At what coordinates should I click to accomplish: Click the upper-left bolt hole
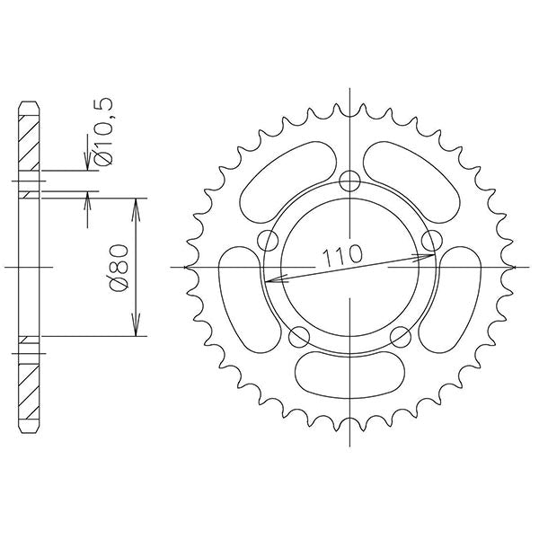point(266,240)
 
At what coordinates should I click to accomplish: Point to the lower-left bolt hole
point(300,338)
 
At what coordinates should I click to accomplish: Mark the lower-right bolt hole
point(402,338)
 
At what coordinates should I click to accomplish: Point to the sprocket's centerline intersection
point(350,268)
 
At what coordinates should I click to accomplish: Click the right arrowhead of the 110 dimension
point(430,256)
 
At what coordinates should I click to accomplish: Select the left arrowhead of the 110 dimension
point(269,279)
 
